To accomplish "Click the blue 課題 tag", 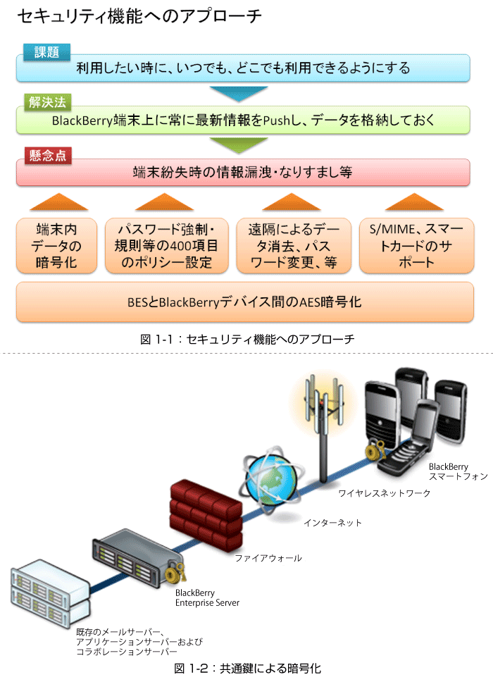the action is (46, 52).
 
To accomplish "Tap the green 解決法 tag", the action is (47, 102).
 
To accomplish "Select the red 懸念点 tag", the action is (48, 155).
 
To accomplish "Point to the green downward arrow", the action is (238, 145).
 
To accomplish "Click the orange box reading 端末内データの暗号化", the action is (56, 246).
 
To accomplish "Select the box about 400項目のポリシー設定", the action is (166, 246).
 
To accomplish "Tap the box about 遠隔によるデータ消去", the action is (294, 246).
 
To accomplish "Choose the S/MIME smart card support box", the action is (416, 246).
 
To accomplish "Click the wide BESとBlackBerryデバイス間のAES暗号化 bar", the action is (245, 302).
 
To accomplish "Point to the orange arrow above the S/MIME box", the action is (414, 202).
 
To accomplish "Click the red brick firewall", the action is (206, 514).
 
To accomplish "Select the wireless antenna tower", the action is (324, 428).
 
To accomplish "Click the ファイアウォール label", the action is (268, 558).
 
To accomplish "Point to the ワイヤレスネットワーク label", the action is (385, 493).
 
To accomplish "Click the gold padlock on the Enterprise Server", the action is (175, 572).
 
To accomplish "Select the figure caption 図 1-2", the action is (247, 669).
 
